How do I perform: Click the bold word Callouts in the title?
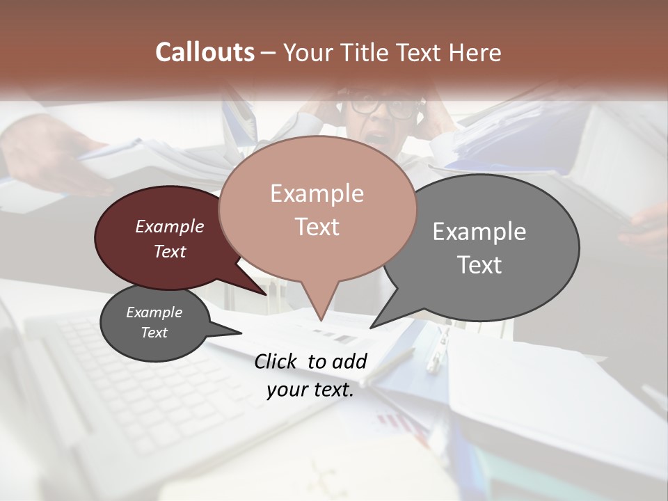click(x=205, y=52)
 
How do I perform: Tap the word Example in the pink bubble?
click(x=317, y=193)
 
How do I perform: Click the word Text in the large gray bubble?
click(x=479, y=265)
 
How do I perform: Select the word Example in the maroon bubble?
click(x=169, y=226)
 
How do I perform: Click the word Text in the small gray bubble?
click(x=154, y=333)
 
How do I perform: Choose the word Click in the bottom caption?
click(x=276, y=361)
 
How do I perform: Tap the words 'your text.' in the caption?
click(x=310, y=390)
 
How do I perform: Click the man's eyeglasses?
click(x=383, y=106)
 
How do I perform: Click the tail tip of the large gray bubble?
click(x=372, y=327)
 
